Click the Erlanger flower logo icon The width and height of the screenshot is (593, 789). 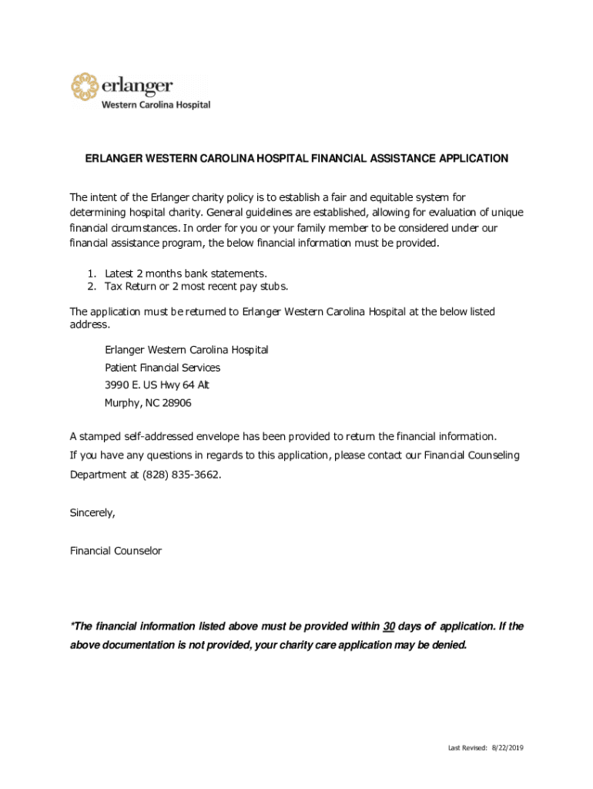[85, 86]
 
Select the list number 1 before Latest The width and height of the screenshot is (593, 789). [90, 274]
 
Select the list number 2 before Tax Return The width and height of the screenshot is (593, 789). [90, 287]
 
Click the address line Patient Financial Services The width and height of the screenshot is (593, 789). [162, 368]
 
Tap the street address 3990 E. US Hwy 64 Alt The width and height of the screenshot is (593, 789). [157, 385]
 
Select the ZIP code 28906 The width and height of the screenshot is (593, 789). [177, 403]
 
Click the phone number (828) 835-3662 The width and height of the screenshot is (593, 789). [181, 475]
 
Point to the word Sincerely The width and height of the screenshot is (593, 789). [92, 514]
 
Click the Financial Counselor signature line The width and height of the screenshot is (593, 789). [116, 551]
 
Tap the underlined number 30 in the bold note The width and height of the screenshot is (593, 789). [389, 626]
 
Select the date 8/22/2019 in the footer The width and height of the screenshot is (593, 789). [508, 748]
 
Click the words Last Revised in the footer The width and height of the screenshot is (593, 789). [467, 748]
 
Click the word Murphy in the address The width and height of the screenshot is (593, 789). [122, 403]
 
